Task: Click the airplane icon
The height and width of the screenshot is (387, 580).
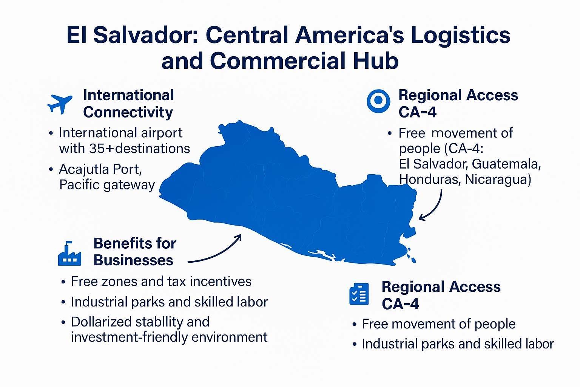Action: click(x=60, y=104)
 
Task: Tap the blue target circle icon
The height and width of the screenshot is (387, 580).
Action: click(x=378, y=101)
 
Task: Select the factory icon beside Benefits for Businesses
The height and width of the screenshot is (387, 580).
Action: click(x=69, y=254)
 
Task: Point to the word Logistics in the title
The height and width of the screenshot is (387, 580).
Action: click(x=460, y=35)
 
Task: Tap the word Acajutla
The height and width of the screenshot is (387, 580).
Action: click(x=85, y=170)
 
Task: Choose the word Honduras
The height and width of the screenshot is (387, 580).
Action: click(x=430, y=180)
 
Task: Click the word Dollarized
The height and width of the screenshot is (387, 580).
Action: click(x=101, y=322)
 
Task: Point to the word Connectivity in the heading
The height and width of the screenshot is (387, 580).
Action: click(x=128, y=113)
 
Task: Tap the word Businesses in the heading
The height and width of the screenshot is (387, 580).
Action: click(x=133, y=260)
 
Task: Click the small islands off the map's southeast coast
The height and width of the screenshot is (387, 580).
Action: click(x=411, y=255)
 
